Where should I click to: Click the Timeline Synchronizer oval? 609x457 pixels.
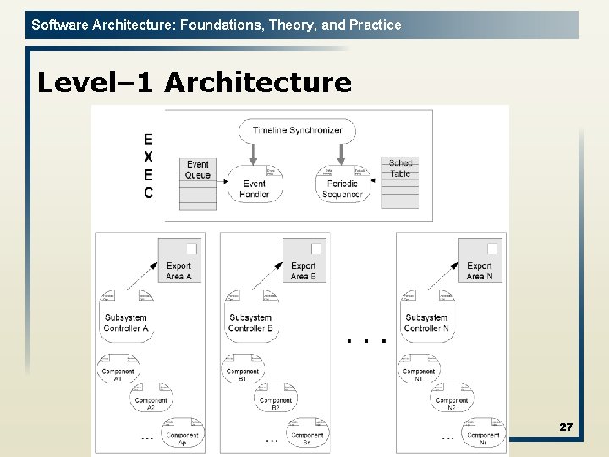297,131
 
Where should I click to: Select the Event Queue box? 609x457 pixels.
197,170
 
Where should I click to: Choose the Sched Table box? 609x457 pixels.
400,168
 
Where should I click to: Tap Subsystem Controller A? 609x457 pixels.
126,322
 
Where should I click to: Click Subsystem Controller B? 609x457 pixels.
250,322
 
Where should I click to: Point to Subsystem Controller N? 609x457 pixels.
426,322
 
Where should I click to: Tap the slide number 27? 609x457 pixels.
566,428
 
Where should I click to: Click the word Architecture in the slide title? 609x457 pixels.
258,83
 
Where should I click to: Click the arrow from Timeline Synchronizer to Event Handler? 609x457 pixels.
252,154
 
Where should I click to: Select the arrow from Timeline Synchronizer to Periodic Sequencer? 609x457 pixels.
341,154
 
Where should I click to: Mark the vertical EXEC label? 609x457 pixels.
149,166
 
